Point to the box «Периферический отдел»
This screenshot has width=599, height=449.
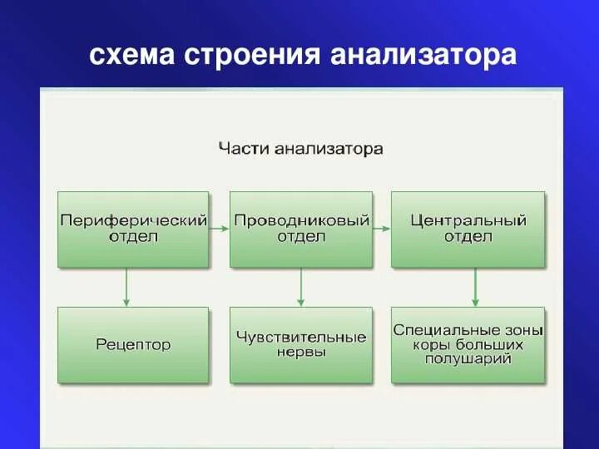[133, 229]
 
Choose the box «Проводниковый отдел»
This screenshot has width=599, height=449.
[301, 229]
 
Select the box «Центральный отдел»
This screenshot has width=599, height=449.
[468, 229]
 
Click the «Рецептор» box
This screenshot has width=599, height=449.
[133, 345]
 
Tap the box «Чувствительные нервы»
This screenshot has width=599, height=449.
[301, 345]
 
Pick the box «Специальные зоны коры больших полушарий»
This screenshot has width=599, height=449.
[468, 345]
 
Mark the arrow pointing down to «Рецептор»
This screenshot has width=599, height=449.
[126, 287]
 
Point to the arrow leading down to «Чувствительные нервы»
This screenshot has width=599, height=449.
[300, 287]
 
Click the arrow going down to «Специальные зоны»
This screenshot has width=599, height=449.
[474, 287]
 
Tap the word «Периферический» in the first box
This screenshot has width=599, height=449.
[133, 221]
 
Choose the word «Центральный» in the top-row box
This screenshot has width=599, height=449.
[468, 221]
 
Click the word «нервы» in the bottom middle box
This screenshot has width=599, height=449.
[301, 353]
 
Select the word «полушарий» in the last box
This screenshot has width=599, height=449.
[468, 359]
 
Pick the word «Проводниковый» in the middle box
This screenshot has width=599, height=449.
[301, 221]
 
